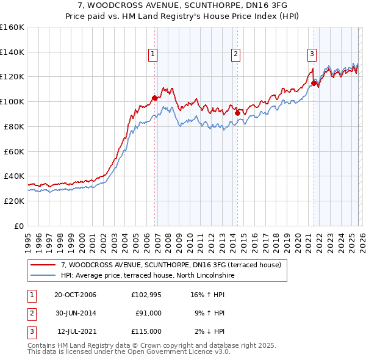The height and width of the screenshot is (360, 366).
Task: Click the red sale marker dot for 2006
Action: click(154, 98)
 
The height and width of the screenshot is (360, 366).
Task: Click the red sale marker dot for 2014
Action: click(237, 113)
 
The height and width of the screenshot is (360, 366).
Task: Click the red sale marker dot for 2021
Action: click(314, 83)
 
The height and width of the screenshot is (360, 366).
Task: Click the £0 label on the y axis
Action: click(19, 226)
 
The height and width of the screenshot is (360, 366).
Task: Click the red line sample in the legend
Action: click(44, 265)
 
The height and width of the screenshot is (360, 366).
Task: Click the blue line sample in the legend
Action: click(44, 275)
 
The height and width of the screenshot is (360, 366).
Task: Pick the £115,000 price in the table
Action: click(146, 331)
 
